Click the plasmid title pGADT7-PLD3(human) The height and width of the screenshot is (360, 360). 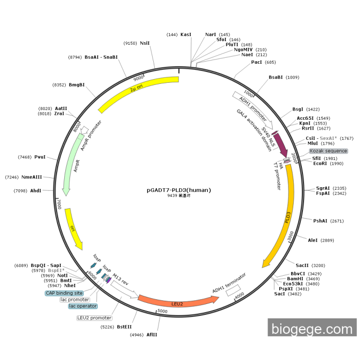point(179,190)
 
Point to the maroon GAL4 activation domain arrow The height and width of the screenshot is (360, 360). point(280,144)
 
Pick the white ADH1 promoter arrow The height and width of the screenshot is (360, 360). point(253,110)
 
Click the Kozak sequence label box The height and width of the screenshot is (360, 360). point(328,151)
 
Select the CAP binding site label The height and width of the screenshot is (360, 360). point(64,293)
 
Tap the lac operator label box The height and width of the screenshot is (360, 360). point(83,306)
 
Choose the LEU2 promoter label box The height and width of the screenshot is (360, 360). point(94,318)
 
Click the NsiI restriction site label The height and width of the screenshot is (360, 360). point(145,43)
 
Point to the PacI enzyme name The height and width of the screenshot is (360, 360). point(257,62)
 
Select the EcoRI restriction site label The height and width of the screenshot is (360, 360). point(320,164)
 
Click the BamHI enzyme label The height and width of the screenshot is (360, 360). point(295,279)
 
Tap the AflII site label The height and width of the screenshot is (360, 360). point(152,335)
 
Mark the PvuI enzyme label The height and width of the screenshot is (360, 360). point(40,157)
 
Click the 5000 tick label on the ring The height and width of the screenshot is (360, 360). point(163,311)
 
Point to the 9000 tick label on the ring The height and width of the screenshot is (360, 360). point(138,79)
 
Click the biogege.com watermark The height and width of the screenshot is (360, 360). point(312,329)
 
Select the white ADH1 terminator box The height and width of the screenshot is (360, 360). point(233,291)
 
